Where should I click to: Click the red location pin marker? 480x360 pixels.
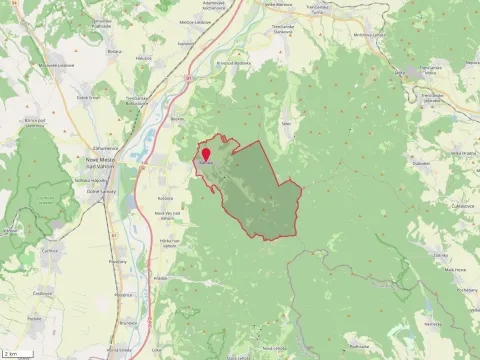(206, 155)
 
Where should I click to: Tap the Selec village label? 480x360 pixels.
(285, 123)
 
